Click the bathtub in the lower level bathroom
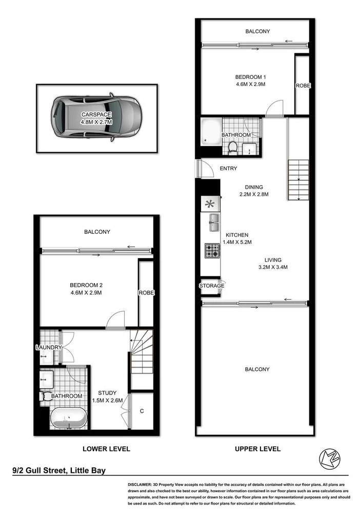(69, 418)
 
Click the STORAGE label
(212, 286)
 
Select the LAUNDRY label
(49, 348)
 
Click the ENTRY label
(228, 169)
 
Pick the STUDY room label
(107, 394)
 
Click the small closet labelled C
(142, 411)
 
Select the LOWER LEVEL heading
(106, 449)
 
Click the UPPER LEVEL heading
(257, 449)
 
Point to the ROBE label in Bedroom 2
(146, 293)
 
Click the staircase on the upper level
(298, 180)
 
